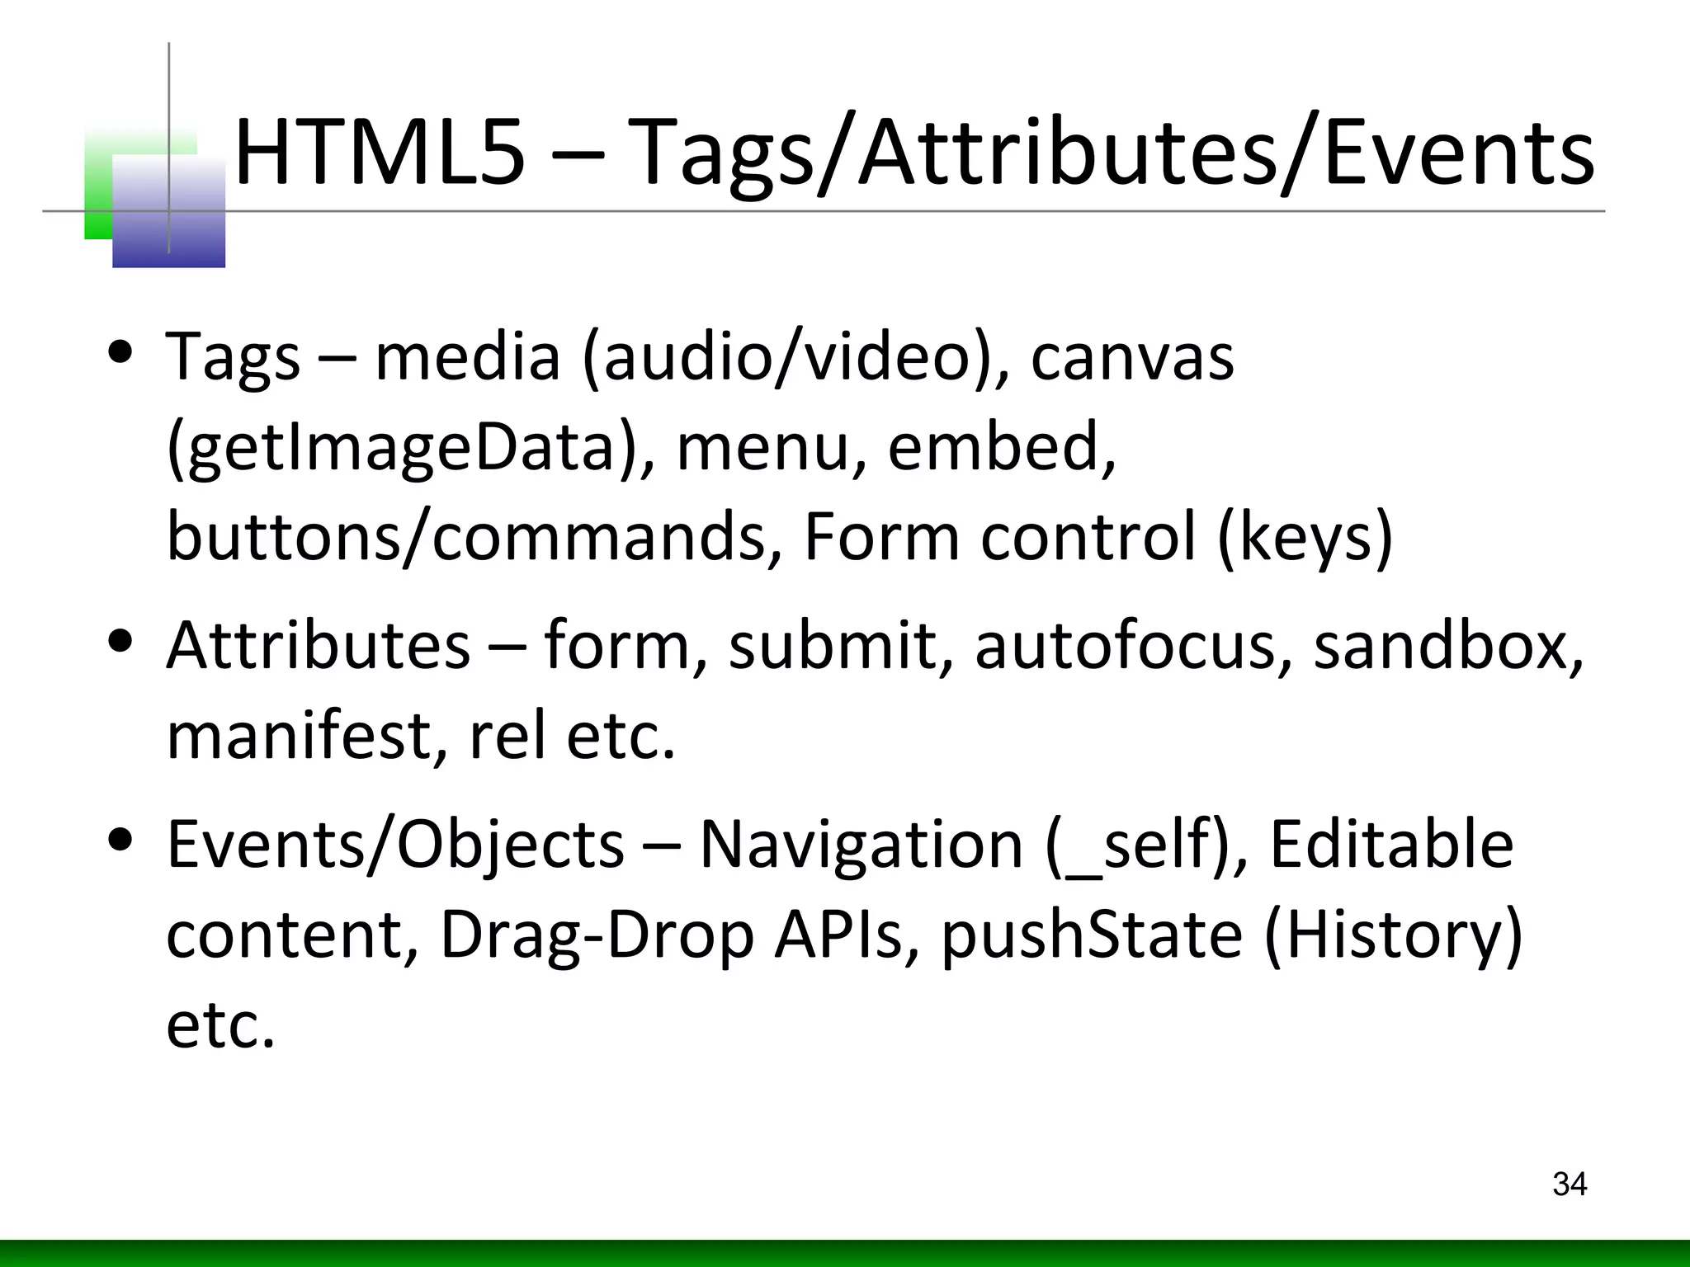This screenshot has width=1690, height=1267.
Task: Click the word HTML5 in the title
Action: coord(380,153)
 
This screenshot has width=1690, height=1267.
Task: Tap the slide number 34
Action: coord(1570,1185)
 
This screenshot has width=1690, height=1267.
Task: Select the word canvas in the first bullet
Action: coord(1132,356)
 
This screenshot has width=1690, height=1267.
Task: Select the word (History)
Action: coord(1393,936)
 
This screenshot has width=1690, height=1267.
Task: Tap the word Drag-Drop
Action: coord(597,936)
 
